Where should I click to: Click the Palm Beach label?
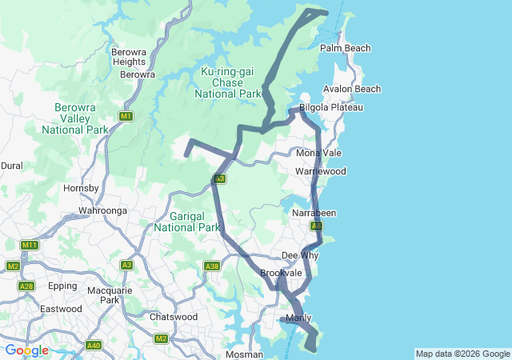tap(345, 49)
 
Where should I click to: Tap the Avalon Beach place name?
tap(352, 89)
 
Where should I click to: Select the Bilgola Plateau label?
tap(331, 107)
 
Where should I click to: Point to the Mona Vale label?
tap(318, 153)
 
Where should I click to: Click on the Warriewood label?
tap(320, 172)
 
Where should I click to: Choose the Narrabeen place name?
tap(314, 214)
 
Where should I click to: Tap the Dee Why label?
tap(300, 256)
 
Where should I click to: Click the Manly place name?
tap(298, 318)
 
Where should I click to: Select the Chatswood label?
tap(174, 317)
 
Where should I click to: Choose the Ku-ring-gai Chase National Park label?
tap(227, 83)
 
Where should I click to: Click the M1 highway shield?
tap(126, 117)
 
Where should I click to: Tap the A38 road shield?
tap(211, 266)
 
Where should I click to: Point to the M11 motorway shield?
tap(30, 245)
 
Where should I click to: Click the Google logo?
tap(26, 350)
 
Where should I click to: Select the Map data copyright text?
tap(462, 354)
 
